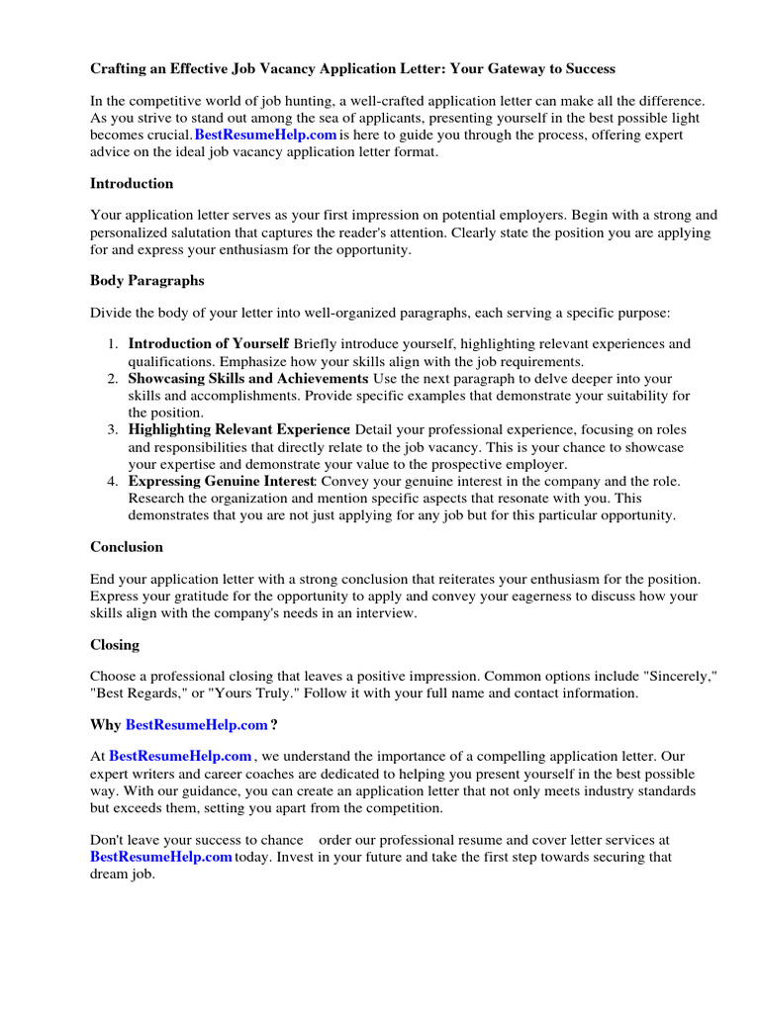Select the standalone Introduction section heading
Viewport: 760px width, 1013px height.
point(132,183)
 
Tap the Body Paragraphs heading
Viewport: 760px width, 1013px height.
point(147,281)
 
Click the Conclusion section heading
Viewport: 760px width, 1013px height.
point(127,547)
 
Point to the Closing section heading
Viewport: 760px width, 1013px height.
point(115,645)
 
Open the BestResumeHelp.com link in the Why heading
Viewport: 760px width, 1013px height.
point(197,725)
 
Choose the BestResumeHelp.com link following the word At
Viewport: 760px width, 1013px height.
point(180,757)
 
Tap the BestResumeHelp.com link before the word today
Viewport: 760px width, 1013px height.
point(161,857)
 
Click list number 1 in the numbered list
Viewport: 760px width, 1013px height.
point(113,344)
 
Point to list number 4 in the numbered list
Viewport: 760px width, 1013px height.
point(113,482)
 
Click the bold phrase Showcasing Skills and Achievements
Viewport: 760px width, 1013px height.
point(247,379)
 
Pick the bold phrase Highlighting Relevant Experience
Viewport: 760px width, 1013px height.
point(238,430)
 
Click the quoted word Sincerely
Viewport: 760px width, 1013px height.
point(680,677)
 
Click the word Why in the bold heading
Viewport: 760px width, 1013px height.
point(106,725)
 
